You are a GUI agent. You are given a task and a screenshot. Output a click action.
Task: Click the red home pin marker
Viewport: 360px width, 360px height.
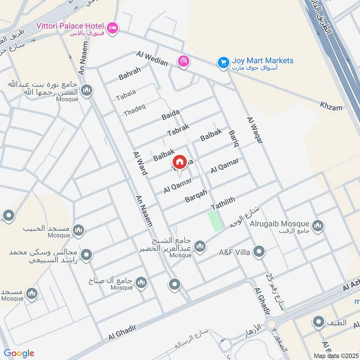[x=180, y=162]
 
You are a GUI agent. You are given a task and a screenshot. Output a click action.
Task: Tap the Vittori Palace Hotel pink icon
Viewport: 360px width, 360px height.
[x=112, y=27]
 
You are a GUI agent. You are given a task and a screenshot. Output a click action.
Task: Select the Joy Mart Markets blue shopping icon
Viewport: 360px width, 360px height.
[x=223, y=63]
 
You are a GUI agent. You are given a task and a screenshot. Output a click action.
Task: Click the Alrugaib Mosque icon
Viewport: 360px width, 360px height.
[x=318, y=225]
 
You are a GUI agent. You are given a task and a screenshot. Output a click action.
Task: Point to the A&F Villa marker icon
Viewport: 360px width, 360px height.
[x=259, y=252]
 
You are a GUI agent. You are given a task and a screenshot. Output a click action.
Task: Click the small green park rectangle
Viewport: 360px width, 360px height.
[x=216, y=221]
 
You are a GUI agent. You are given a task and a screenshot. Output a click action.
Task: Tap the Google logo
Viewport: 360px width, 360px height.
[x=18, y=353]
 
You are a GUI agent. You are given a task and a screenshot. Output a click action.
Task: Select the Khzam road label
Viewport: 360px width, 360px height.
[x=331, y=107]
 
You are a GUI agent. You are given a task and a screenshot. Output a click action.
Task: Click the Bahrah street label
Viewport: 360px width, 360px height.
[x=130, y=73]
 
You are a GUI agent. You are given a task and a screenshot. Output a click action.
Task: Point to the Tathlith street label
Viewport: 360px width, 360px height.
[x=223, y=203]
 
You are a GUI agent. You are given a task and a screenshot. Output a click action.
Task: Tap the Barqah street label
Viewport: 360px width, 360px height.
[x=196, y=196]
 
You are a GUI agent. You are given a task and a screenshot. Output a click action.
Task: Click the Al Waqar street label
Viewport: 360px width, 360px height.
[x=254, y=130]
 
